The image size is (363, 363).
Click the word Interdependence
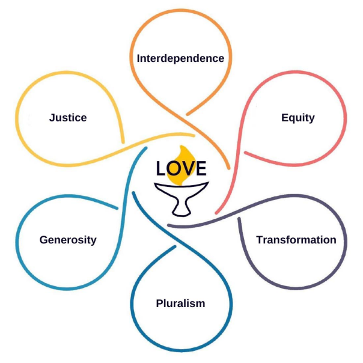click(180, 58)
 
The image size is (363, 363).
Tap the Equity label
click(297, 117)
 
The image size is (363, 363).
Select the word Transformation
click(296, 240)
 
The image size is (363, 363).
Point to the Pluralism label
click(180, 303)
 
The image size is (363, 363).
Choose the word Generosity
click(68, 240)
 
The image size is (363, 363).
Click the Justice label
click(68, 117)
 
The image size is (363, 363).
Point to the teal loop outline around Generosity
click(17, 240)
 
